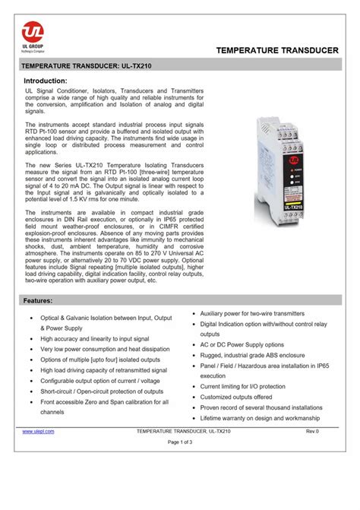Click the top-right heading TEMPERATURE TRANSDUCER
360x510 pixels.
click(276, 50)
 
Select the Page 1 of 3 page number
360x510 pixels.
click(180, 442)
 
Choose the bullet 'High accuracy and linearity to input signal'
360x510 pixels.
click(95, 338)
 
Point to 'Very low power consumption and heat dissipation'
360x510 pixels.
click(106, 349)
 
